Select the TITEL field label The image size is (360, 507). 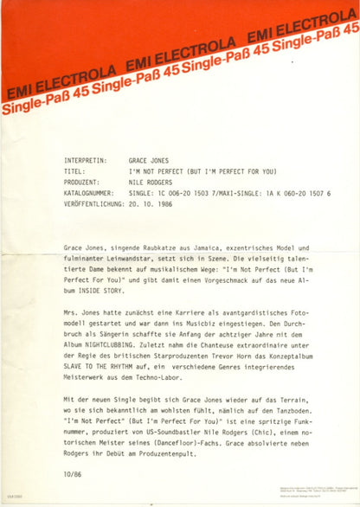click(74, 171)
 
